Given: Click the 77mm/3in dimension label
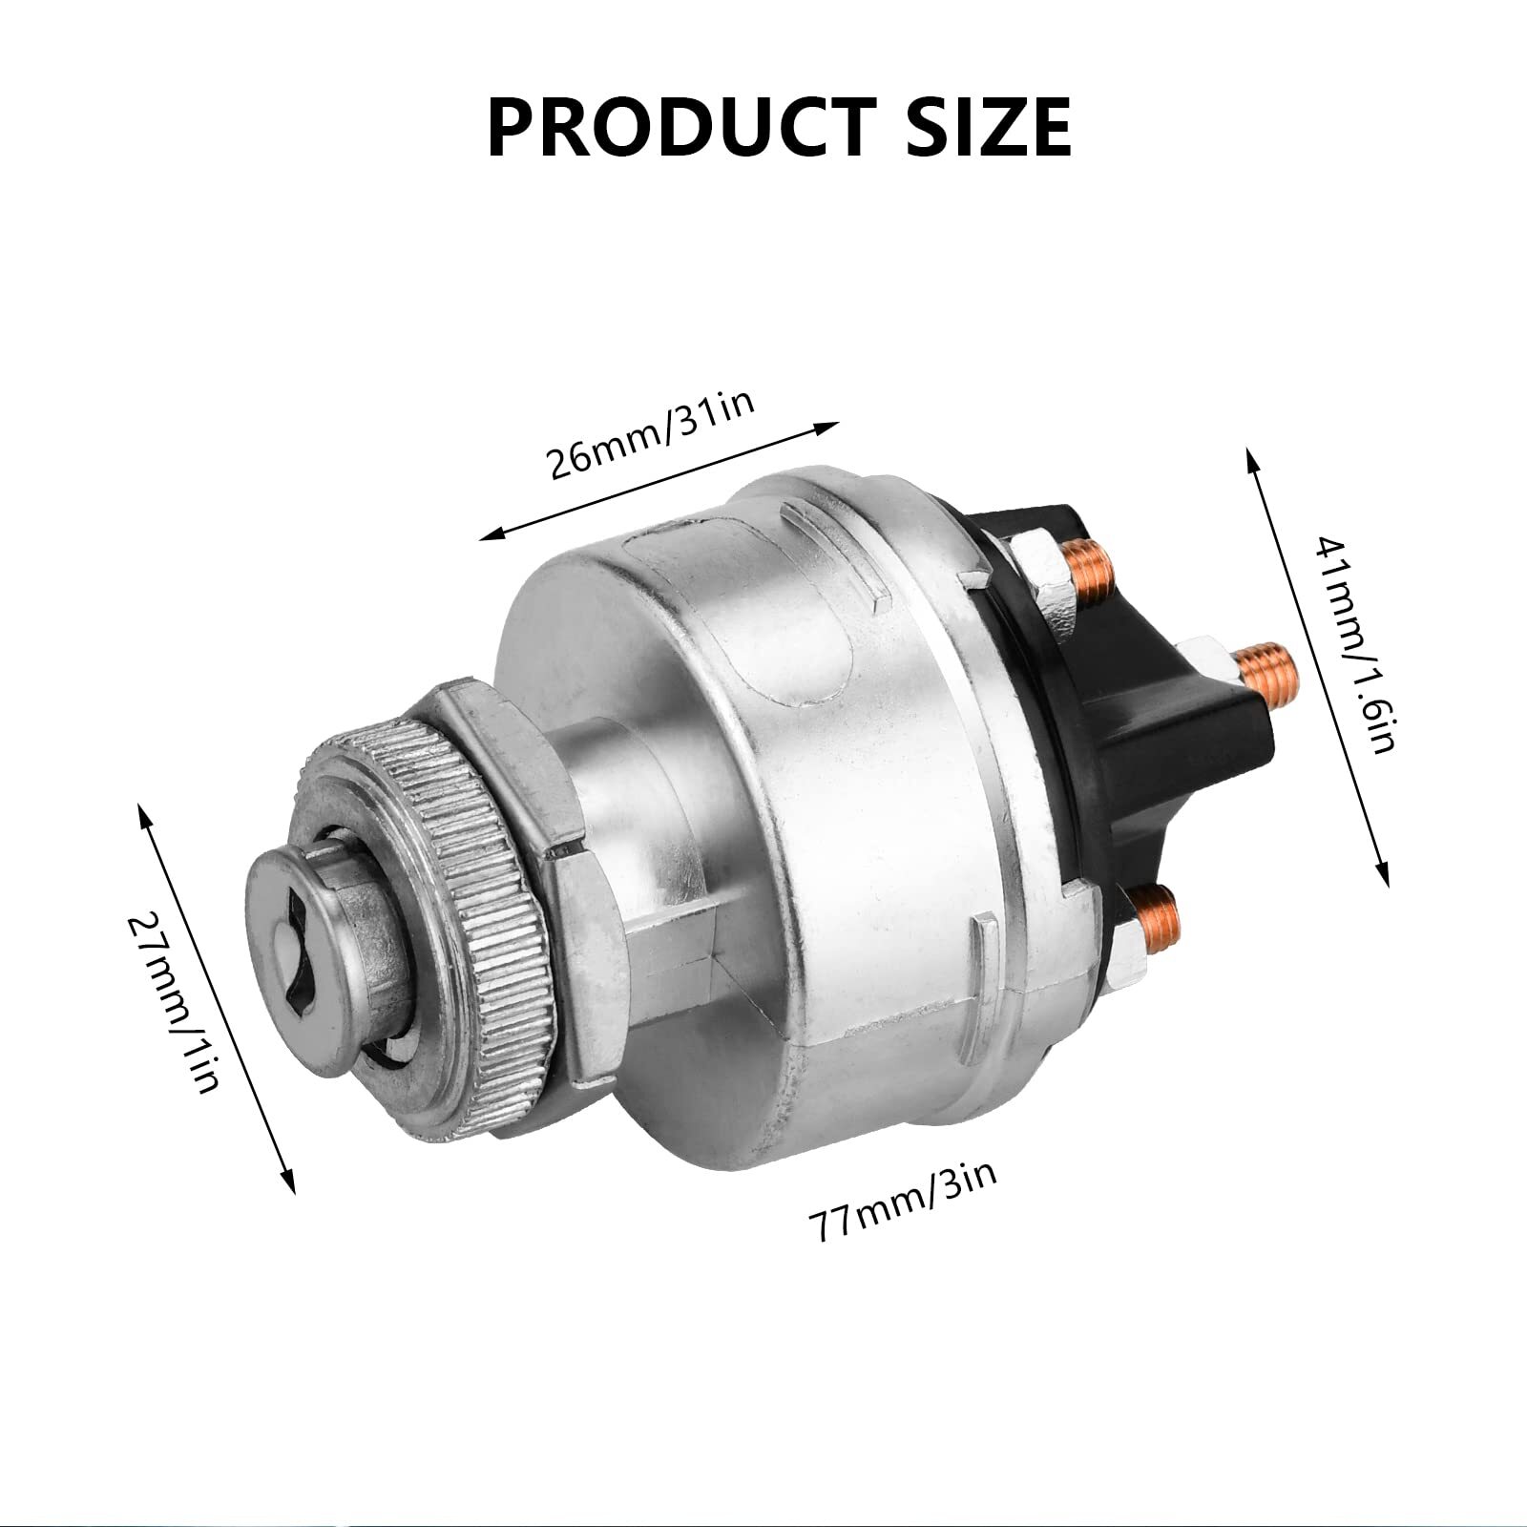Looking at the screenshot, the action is click(902, 1198).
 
